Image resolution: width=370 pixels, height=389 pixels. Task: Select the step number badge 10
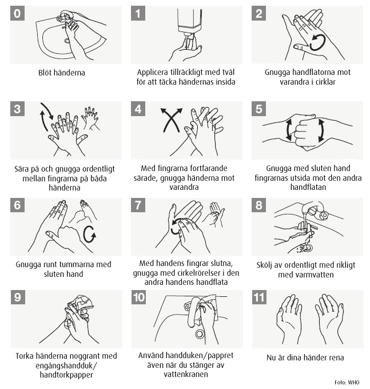coord(139,298)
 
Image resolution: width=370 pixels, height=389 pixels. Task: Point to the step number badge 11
coord(260,298)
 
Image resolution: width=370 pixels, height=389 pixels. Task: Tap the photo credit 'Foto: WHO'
coord(348,382)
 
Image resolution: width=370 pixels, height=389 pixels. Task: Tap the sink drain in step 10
coord(200,334)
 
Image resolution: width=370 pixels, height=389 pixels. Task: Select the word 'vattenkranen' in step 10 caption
coord(186,374)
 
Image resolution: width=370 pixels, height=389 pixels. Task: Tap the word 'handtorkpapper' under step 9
coord(66,375)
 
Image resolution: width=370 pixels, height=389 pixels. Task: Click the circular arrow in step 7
coord(176,226)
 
